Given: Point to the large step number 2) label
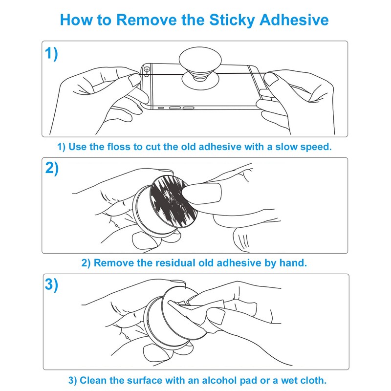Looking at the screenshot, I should tap(52, 168).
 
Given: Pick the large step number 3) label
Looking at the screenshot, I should tap(52, 284).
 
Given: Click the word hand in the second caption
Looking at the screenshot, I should tap(293, 262).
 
